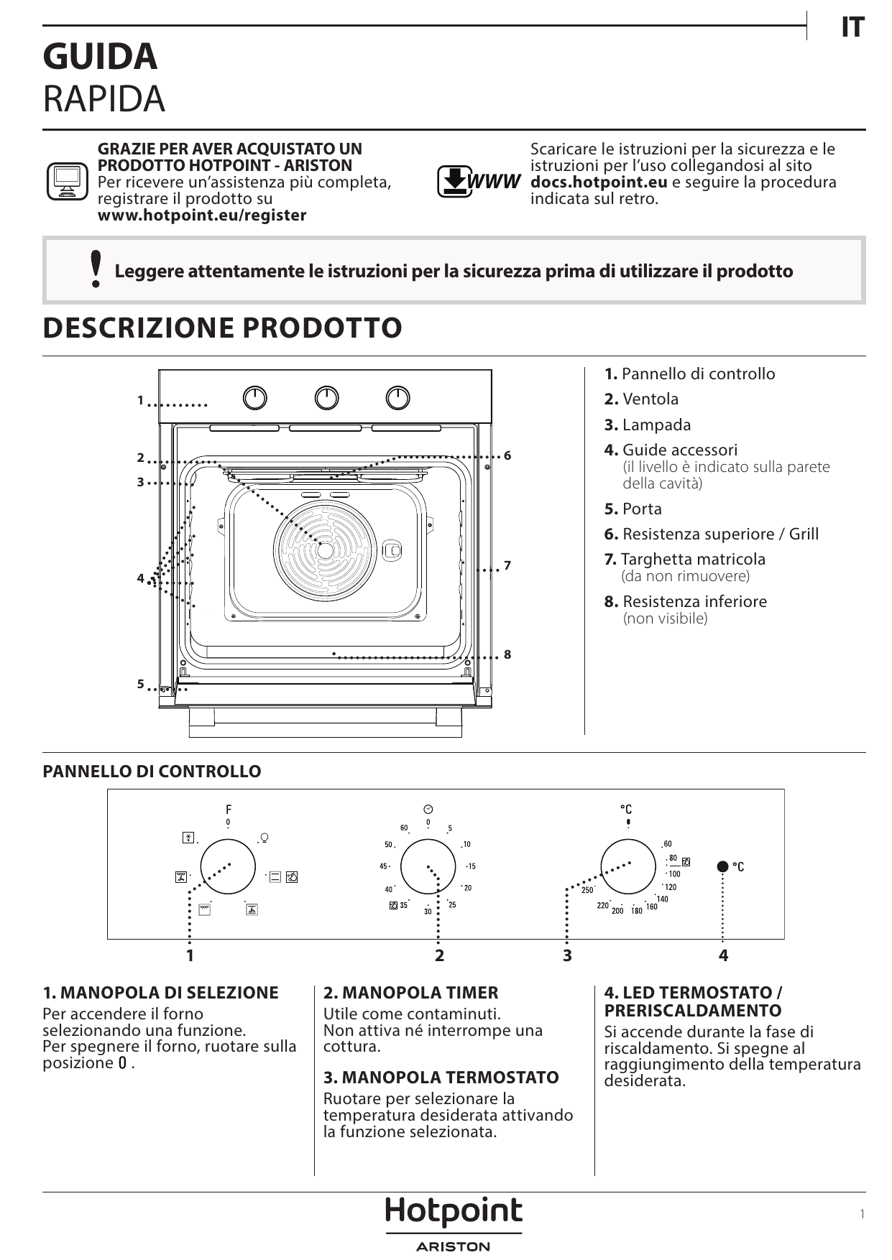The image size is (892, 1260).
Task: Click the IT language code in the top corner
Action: click(x=852, y=27)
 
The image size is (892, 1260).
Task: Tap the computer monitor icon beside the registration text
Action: click(x=67, y=181)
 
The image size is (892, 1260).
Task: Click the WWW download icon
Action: click(x=478, y=181)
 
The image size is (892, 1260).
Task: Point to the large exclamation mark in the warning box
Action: click(x=96, y=269)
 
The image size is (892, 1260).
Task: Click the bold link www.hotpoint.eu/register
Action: click(x=202, y=216)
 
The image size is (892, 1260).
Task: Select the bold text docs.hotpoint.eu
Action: click(x=599, y=182)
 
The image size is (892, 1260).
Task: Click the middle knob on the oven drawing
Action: click(x=326, y=398)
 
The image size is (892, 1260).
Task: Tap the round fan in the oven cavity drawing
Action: click(x=325, y=551)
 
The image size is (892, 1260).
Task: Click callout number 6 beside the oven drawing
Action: click(x=507, y=456)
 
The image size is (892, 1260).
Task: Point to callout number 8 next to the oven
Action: click(x=507, y=654)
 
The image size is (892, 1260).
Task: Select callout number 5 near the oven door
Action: click(x=141, y=684)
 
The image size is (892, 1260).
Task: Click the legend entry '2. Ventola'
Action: click(x=641, y=399)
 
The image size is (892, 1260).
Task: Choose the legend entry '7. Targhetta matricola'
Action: click(x=685, y=559)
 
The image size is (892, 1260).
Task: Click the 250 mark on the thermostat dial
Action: click(x=587, y=890)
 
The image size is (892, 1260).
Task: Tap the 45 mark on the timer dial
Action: click(x=384, y=866)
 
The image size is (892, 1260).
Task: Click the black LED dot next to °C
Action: click(x=723, y=866)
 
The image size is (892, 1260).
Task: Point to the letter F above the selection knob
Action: click(x=229, y=809)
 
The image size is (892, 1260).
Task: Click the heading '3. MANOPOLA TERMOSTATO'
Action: click(x=441, y=1078)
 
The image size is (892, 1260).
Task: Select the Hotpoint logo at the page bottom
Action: click(x=454, y=1212)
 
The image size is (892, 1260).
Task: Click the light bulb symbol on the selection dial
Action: click(x=264, y=838)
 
